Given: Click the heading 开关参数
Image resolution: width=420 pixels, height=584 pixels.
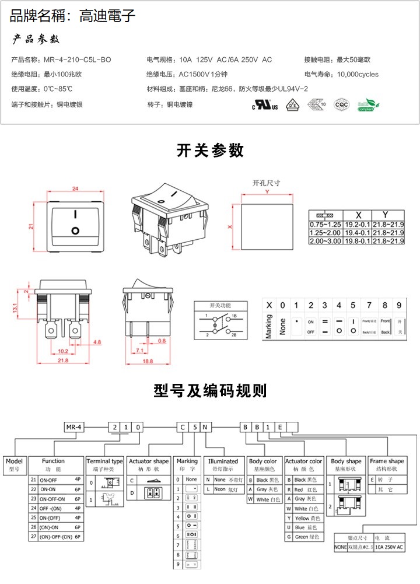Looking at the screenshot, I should click(210, 150).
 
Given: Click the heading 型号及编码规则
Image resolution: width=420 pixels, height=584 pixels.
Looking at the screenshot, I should click(210, 390).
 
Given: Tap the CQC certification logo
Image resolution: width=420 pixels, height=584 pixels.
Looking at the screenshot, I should click(341, 104).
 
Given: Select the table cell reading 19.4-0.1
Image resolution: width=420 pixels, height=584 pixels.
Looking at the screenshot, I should click(356, 232).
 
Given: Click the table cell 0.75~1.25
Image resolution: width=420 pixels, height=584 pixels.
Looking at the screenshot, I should click(325, 224).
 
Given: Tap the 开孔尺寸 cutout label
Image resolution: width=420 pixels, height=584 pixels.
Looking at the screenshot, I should click(266, 183).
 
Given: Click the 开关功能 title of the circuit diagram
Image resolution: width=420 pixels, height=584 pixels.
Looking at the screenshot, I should click(220, 305).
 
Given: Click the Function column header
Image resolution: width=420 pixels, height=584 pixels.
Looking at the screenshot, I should click(53, 461).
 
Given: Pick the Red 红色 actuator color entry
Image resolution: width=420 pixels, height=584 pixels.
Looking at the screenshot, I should click(303, 490).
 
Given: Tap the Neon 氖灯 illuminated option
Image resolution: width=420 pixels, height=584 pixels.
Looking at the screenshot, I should click(223, 489).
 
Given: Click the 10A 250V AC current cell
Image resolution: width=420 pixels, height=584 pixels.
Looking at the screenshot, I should click(389, 548).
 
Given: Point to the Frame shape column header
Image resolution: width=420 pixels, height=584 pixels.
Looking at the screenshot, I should click(387, 461).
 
